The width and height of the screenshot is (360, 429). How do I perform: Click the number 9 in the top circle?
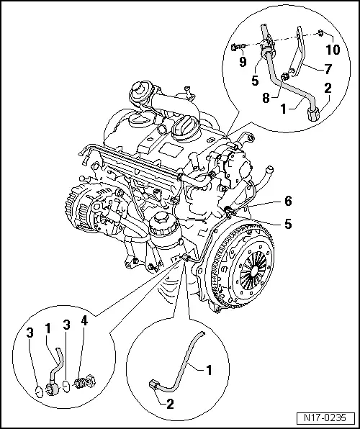[x=244, y=63]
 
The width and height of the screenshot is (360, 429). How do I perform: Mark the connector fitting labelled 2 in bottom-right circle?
[x=153, y=385]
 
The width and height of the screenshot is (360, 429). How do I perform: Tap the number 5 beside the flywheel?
[x=287, y=224]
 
